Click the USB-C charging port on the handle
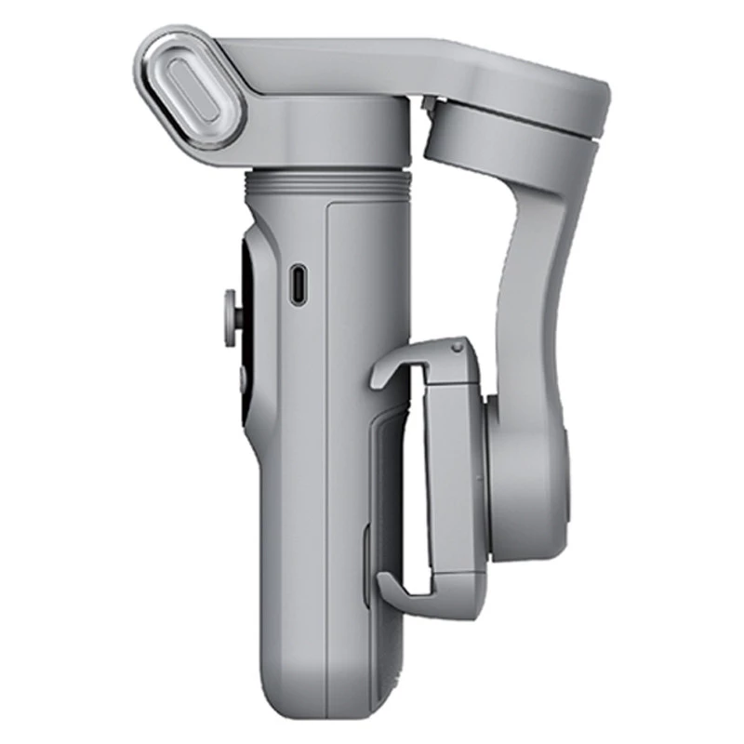297,285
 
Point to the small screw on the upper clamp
456,348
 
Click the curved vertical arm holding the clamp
535,279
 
